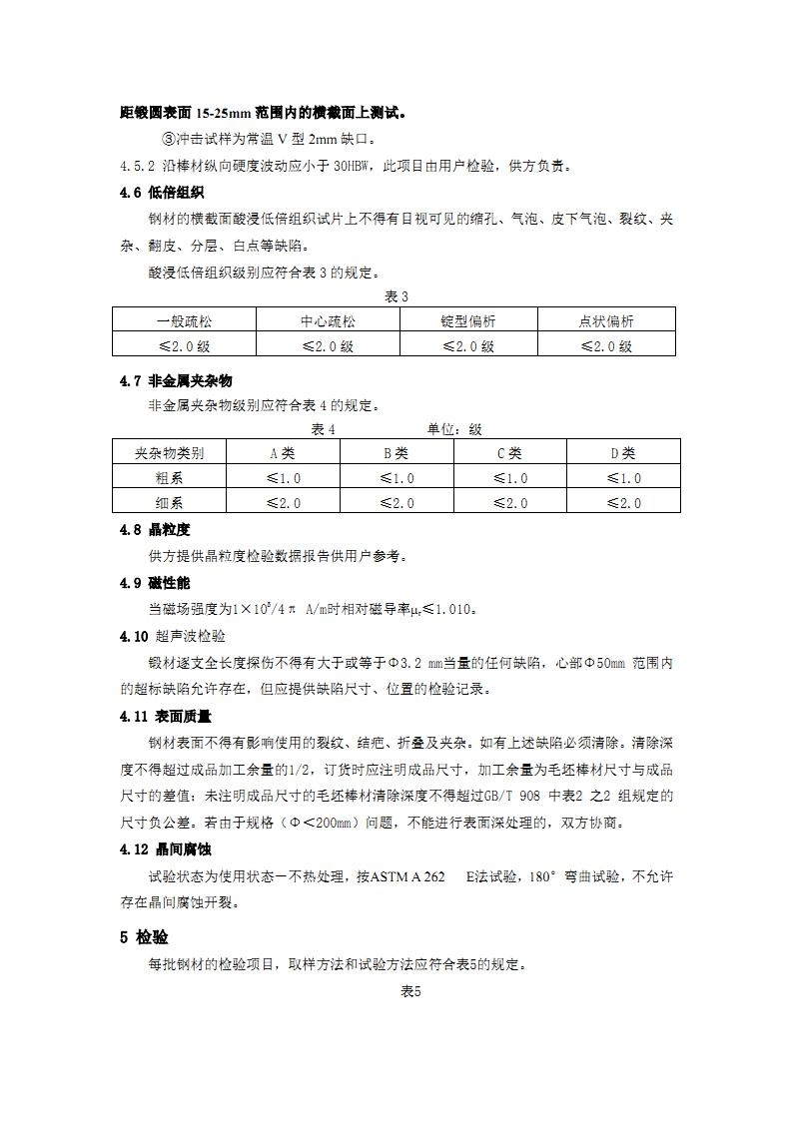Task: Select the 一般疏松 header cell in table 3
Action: tap(185, 320)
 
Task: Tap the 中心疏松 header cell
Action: tap(328, 320)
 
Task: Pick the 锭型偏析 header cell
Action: tap(468, 320)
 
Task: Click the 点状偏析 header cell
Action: tap(606, 320)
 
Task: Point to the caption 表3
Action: tap(396, 296)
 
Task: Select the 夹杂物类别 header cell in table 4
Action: tap(170, 452)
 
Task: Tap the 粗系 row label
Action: tap(170, 478)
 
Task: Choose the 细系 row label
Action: tap(170, 503)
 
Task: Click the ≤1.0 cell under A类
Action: tap(284, 478)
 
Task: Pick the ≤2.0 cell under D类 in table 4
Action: tap(623, 503)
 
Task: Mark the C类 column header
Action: tap(509, 452)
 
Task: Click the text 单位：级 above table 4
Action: tap(454, 429)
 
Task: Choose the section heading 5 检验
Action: tap(144, 937)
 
